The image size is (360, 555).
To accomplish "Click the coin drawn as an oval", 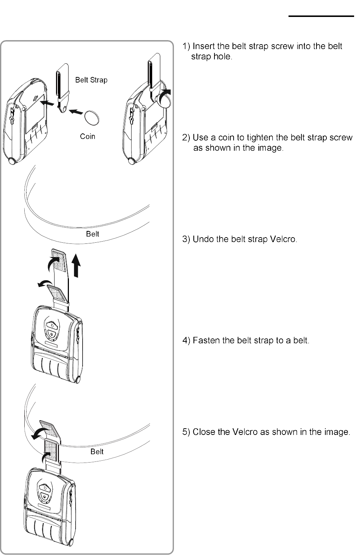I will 92,119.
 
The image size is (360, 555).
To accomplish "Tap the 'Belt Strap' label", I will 91,80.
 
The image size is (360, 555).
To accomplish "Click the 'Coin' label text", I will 88,136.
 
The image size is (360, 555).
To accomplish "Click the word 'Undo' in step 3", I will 202,239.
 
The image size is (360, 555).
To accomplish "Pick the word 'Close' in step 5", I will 202,432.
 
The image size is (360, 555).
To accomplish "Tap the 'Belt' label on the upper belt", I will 92,234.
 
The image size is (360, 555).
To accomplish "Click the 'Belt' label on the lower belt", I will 97,452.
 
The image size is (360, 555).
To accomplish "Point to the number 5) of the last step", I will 186,432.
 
